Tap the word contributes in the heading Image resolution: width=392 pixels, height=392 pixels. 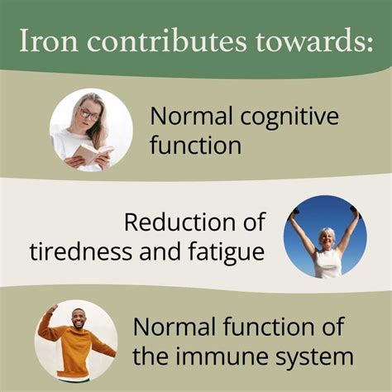(x=149, y=42)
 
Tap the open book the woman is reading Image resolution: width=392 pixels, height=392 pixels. (x=90, y=154)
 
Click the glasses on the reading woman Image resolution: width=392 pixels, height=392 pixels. (x=88, y=113)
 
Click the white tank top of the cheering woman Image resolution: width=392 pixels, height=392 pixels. (x=327, y=264)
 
